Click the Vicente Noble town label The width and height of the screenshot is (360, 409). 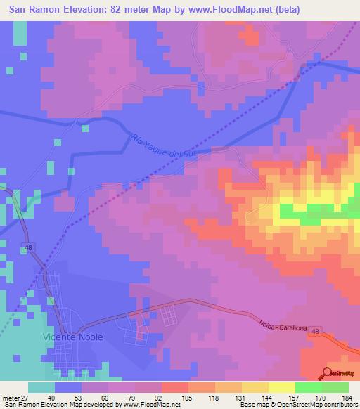[73, 337]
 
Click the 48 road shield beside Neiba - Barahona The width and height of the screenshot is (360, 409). [317, 330]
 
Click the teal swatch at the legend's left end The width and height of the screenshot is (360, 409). [41, 387]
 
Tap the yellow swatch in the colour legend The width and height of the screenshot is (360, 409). [281, 387]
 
